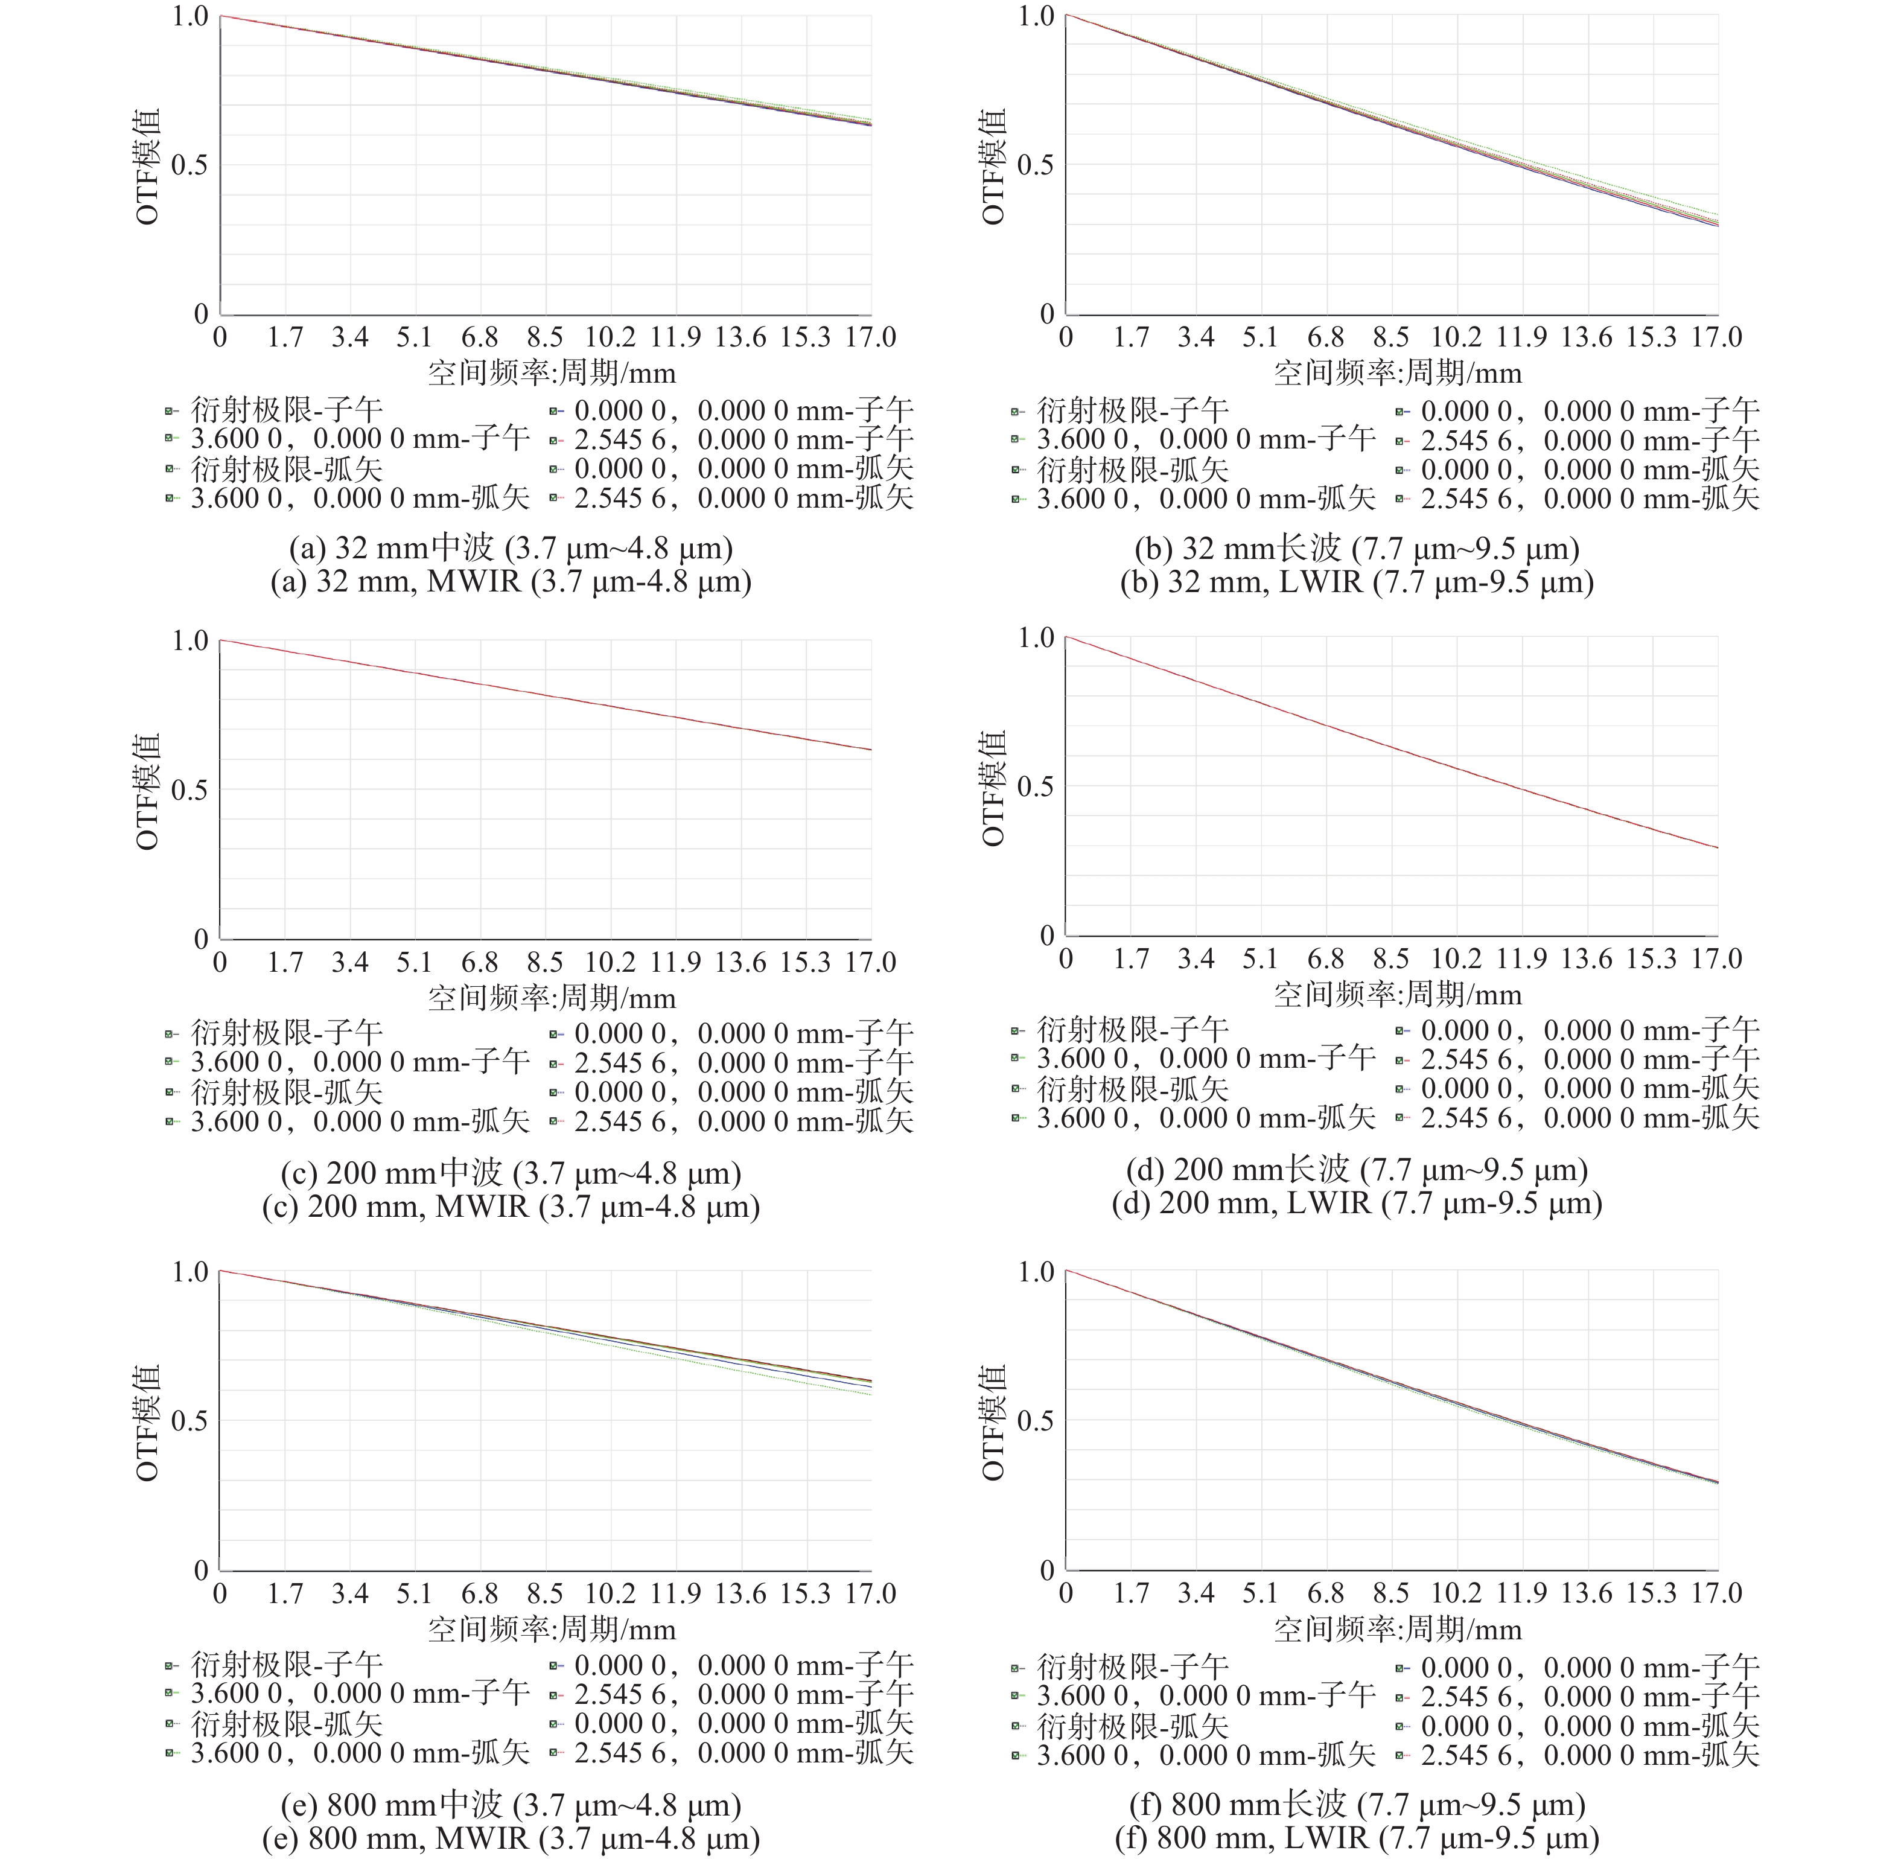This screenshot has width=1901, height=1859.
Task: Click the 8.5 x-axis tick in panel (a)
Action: pos(545,338)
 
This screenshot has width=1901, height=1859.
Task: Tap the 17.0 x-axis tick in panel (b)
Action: pos(1716,338)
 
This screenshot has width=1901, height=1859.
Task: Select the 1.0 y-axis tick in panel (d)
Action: pos(1036,637)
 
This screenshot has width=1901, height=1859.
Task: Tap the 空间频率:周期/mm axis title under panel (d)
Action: pos(1397,995)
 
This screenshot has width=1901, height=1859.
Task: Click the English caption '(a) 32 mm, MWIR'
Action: pos(511,582)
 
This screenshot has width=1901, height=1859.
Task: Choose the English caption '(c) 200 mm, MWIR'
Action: pos(511,1207)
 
